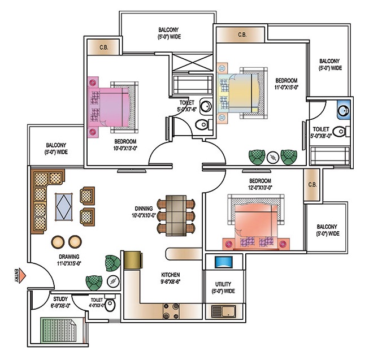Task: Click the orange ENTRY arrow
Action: coord(22,276)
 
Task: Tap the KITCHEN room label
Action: coord(171,275)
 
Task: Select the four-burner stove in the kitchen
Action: coord(171,311)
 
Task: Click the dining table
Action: coord(176,215)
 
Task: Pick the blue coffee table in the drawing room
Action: coord(64,207)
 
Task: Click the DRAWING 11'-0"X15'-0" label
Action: coord(69,260)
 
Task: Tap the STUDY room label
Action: coord(60,299)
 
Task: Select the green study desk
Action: coord(58,330)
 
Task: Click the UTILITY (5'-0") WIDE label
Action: coord(223,288)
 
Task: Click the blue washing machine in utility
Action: coord(224,262)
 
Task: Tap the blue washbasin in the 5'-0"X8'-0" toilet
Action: coord(344,110)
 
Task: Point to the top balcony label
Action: coord(169,33)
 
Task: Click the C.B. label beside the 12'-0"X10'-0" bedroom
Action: coord(312,185)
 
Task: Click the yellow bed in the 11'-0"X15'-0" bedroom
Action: coord(242,93)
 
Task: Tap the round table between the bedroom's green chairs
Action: coord(273,158)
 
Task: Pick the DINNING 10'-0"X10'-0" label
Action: coord(144,212)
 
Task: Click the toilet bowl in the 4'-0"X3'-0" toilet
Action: coord(110,305)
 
